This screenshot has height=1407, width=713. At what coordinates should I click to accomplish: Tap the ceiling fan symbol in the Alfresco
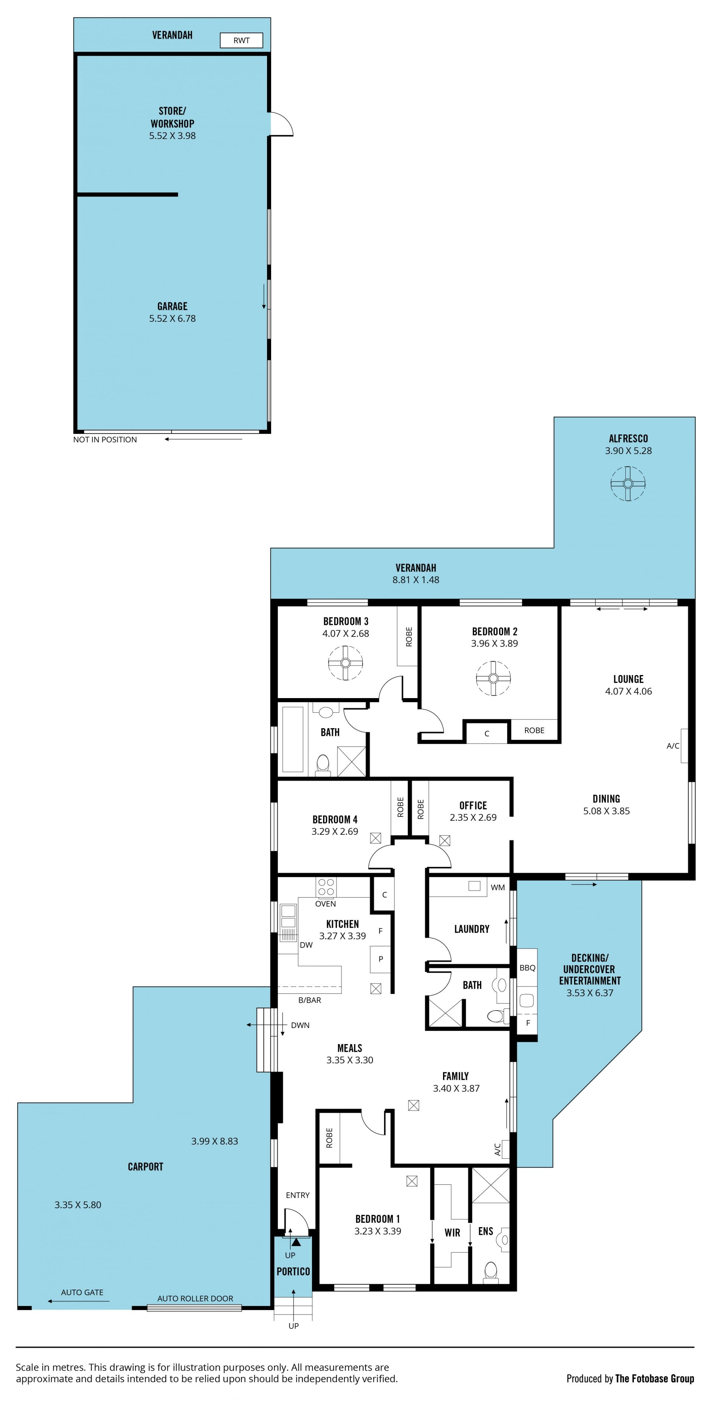click(628, 483)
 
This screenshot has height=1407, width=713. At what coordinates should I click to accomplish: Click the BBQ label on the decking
click(527, 967)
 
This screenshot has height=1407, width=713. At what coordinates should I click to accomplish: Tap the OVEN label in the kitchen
click(325, 904)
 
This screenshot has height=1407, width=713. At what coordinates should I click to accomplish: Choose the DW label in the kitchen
click(306, 944)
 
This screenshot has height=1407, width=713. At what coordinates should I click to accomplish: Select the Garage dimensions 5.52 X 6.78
click(173, 318)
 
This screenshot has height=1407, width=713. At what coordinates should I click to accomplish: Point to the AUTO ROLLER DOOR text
click(195, 1298)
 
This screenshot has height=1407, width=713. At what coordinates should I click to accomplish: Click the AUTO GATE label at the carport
click(82, 1292)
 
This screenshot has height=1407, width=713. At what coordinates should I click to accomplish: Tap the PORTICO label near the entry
click(293, 1271)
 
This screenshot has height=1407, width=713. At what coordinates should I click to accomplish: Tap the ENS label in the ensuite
click(486, 1231)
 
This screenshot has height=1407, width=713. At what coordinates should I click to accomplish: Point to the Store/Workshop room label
click(173, 117)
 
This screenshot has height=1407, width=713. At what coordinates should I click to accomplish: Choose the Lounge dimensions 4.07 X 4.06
click(628, 691)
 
